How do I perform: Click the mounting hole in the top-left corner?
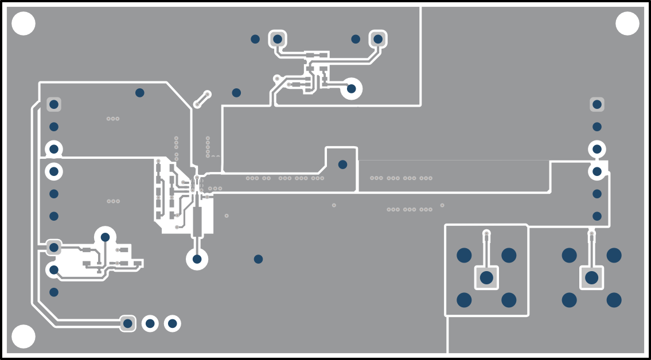pyautogui.click(x=24, y=24)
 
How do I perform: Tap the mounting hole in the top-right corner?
pyautogui.click(x=627, y=24)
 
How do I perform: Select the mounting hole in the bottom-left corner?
pyautogui.click(x=24, y=336)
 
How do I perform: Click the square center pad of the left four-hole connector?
pyautogui.click(x=486, y=278)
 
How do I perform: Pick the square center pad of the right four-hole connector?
pyautogui.click(x=591, y=278)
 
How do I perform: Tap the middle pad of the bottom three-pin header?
pyautogui.click(x=150, y=324)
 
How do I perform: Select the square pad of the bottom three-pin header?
pyautogui.click(x=128, y=324)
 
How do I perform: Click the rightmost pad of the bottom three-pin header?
pyautogui.click(x=172, y=324)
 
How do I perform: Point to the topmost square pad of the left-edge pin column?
pyautogui.click(x=54, y=104)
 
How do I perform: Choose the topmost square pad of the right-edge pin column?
pyautogui.click(x=597, y=104)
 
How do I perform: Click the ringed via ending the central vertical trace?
pyautogui.click(x=197, y=259)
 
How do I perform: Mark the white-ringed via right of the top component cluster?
pyautogui.click(x=351, y=89)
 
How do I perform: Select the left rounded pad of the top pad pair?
pyautogui.click(x=278, y=39)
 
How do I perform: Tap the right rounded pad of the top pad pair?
pyautogui.click(x=378, y=39)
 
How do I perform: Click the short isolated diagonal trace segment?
pyautogui.click(x=202, y=99)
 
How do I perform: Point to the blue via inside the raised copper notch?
pyautogui.click(x=342, y=165)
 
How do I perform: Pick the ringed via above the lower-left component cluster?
pyautogui.click(x=105, y=237)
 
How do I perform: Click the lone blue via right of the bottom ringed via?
pyautogui.click(x=258, y=259)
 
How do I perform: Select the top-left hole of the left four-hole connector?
pyautogui.click(x=464, y=255)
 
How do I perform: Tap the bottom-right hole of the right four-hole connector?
pyautogui.click(x=614, y=300)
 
